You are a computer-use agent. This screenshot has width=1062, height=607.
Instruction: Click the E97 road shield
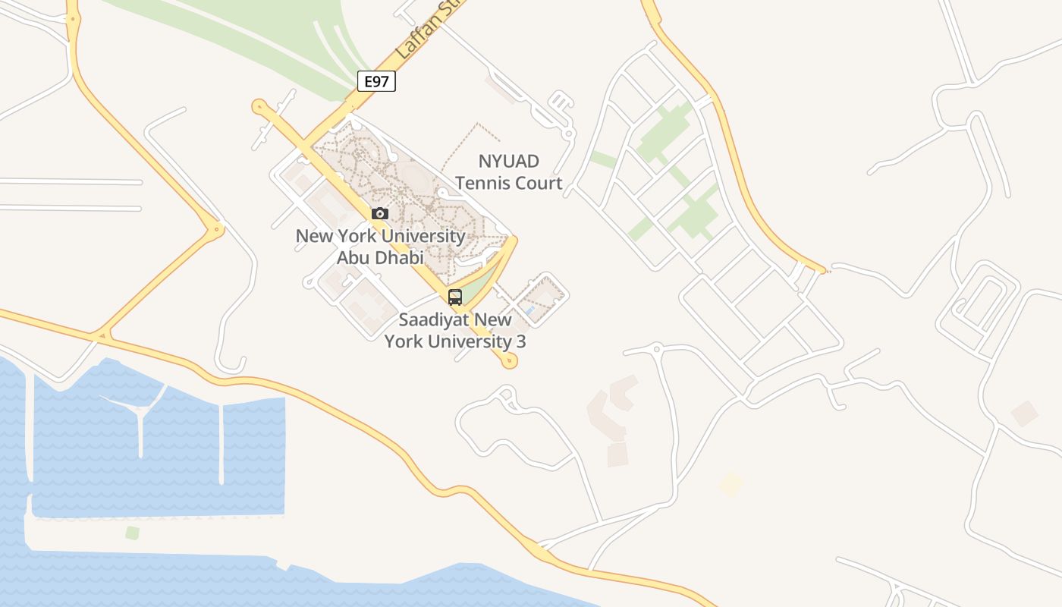(x=376, y=81)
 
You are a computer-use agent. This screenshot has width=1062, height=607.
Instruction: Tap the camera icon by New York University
(x=380, y=214)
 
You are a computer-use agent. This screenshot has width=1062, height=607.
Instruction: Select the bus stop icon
(x=455, y=297)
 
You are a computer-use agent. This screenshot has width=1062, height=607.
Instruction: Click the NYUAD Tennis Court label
(x=509, y=172)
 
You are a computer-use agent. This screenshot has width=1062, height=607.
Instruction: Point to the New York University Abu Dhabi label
(x=380, y=247)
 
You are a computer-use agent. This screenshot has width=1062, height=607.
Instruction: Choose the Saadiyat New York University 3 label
(x=455, y=330)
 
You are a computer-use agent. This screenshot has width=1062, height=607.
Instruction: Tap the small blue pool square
(x=529, y=310)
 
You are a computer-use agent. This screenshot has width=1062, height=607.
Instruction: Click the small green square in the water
(x=133, y=533)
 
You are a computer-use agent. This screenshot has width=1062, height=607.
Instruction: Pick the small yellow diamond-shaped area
(x=731, y=484)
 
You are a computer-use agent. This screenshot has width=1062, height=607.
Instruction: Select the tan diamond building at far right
(x=1025, y=414)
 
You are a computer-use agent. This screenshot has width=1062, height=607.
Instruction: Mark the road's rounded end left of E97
(x=259, y=106)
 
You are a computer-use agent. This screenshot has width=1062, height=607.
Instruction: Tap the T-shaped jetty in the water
(x=140, y=414)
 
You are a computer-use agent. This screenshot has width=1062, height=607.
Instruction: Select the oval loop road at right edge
(x=985, y=303)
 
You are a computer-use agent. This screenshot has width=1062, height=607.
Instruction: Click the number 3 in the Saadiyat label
(x=520, y=341)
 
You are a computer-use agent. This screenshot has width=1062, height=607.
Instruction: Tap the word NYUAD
(x=509, y=161)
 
